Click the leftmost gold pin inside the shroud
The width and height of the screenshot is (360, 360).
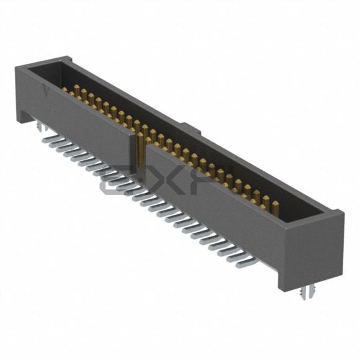pyautogui.click(x=75, y=91)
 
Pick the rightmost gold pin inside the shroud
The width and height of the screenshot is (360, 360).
pyautogui.click(x=273, y=202)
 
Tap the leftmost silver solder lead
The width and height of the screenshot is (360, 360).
pyautogui.click(x=46, y=140)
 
